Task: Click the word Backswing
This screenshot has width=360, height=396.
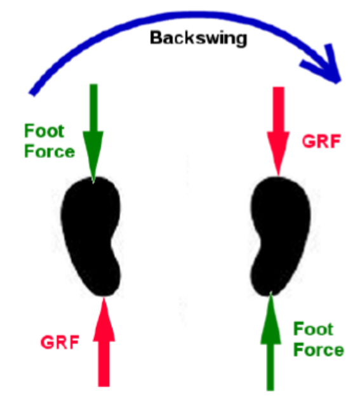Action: click(198, 39)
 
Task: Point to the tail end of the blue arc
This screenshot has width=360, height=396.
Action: click(32, 93)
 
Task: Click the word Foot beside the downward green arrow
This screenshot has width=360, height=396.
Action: click(44, 131)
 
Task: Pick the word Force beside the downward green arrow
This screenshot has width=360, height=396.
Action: click(50, 151)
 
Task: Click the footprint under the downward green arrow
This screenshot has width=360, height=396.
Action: click(91, 236)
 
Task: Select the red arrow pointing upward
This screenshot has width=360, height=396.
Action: click(104, 341)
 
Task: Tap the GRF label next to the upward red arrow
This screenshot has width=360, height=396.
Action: click(60, 342)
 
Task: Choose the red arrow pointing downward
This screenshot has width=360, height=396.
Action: click(278, 131)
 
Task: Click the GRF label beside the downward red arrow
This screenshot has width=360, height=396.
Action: click(321, 142)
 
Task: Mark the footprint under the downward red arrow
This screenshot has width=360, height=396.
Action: click(281, 236)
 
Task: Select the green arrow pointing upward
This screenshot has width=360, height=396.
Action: click(270, 341)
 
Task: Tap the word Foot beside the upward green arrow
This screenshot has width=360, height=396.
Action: click(314, 329)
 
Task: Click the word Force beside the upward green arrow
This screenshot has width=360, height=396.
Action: click(319, 350)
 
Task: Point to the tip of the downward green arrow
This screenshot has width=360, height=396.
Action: click(93, 183)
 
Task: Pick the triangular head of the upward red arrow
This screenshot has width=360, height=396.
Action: click(104, 319)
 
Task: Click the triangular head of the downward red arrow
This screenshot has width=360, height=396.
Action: click(278, 154)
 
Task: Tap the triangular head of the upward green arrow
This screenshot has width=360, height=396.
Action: click(270, 318)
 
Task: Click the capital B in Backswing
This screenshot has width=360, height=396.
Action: click(156, 38)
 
